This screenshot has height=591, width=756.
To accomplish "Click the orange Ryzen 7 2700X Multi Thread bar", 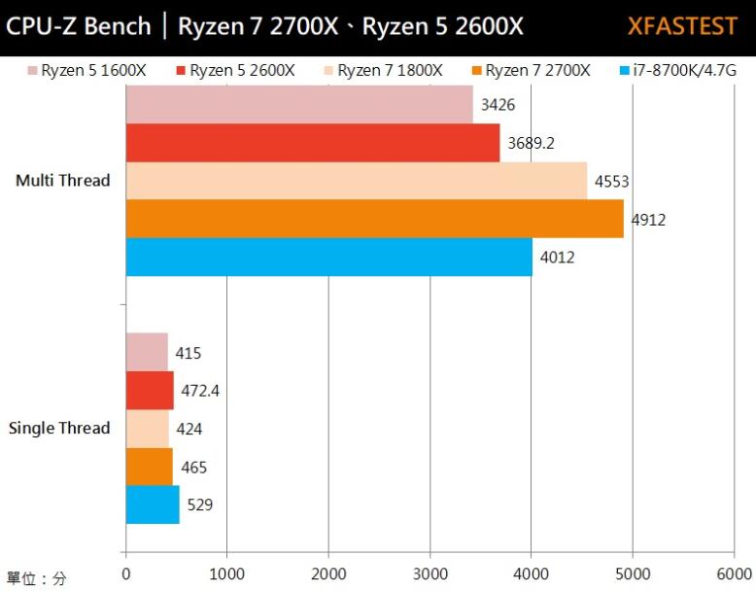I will point(374,219).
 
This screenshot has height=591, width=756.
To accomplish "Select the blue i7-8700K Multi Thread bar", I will point(328,257).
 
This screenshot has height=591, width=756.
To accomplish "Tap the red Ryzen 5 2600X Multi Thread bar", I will point(312,143).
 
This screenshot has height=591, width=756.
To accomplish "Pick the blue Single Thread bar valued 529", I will point(153,504).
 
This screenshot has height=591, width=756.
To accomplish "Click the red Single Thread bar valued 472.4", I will point(150,391).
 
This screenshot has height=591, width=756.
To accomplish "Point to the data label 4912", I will point(648,220).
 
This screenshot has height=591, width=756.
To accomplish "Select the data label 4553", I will point(612,182).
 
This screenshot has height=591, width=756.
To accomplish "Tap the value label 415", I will point(189,354).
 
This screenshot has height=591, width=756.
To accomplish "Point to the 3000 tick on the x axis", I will point(430,574).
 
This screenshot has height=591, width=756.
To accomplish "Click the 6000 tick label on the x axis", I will point(734,574).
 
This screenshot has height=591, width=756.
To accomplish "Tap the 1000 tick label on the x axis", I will point(226,574).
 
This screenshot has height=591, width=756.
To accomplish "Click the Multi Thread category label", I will point(63,181).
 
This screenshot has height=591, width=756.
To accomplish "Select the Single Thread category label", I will point(59,429).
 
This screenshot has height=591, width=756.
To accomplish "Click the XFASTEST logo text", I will point(682,26).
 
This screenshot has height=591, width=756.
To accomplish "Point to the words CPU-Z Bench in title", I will point(79,26).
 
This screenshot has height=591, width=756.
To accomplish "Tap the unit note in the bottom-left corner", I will point(36,578).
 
